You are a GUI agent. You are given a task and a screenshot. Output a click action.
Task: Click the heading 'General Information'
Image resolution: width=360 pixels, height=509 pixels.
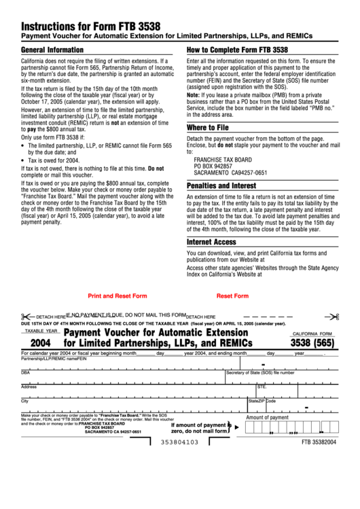53,50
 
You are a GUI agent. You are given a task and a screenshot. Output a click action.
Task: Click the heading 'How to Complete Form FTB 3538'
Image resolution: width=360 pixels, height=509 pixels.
237,50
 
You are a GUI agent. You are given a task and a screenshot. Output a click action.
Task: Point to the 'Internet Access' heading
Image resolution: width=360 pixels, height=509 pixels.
212,241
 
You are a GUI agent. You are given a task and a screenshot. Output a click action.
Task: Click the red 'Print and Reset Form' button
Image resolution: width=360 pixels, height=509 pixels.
118,296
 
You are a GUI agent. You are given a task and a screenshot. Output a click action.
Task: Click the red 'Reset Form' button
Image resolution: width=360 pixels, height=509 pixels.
232,296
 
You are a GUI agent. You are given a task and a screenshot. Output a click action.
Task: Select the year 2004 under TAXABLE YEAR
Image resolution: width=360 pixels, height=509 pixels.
41,343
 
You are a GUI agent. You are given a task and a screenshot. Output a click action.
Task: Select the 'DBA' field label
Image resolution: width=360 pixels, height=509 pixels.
26,372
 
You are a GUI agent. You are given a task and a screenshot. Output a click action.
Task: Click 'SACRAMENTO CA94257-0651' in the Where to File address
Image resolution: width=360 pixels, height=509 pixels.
230,172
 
